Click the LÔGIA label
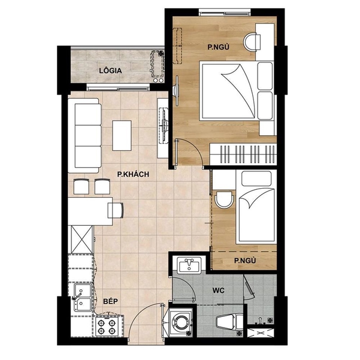pos(110,71)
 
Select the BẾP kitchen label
pos(109,301)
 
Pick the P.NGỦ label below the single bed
pos(245,261)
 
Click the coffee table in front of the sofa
pos(122,136)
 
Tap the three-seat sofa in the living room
pos(84,135)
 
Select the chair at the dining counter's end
pos(116,209)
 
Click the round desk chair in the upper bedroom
pos(254,40)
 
